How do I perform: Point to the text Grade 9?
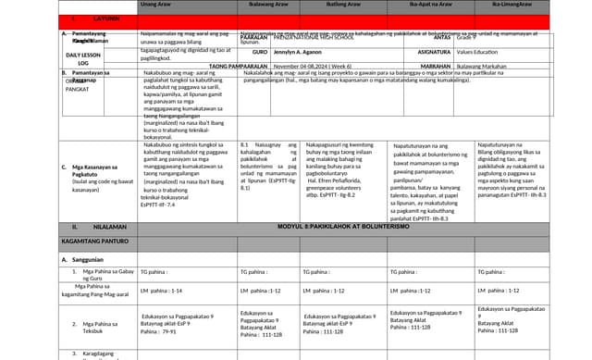click(x=468, y=38)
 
